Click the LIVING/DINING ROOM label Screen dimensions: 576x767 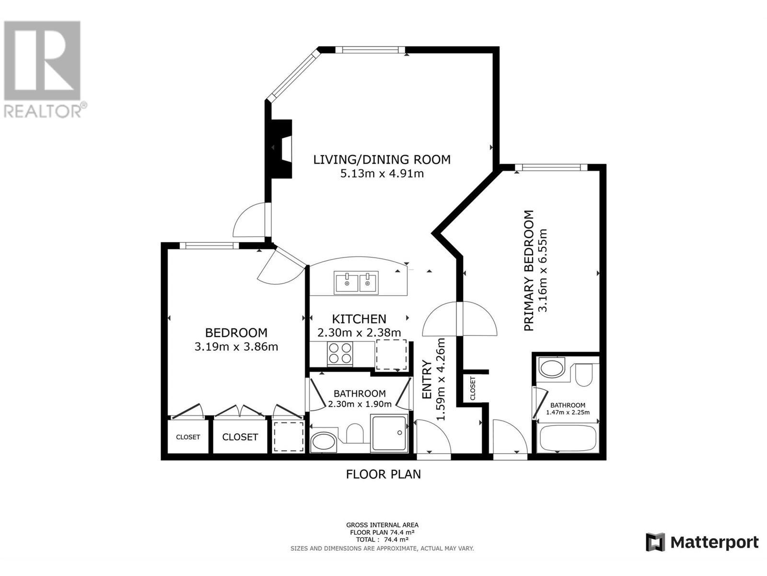pyautogui.click(x=382, y=159)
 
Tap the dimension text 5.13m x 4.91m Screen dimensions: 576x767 pyautogui.click(x=382, y=173)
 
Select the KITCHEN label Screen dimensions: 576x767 pyautogui.click(x=359, y=319)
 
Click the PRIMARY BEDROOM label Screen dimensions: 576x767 pyautogui.click(x=529, y=270)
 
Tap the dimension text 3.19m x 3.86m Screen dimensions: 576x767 pyautogui.click(x=236, y=347)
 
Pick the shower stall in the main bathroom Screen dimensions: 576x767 pyautogui.click(x=389, y=433)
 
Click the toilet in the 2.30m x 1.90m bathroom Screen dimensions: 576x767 pyautogui.click(x=355, y=432)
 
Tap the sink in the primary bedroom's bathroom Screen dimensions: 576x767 pyautogui.click(x=552, y=369)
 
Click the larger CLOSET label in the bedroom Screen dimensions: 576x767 pyautogui.click(x=240, y=437)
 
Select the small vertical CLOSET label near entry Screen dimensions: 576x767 pyautogui.click(x=473, y=388)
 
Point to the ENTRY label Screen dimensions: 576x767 pyautogui.click(x=427, y=379)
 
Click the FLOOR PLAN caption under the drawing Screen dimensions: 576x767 pyautogui.click(x=383, y=474)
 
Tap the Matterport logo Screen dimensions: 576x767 pyautogui.click(x=702, y=542)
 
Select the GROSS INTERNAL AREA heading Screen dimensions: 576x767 pyautogui.click(x=382, y=525)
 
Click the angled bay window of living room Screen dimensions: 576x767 pyautogui.click(x=294, y=75)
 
